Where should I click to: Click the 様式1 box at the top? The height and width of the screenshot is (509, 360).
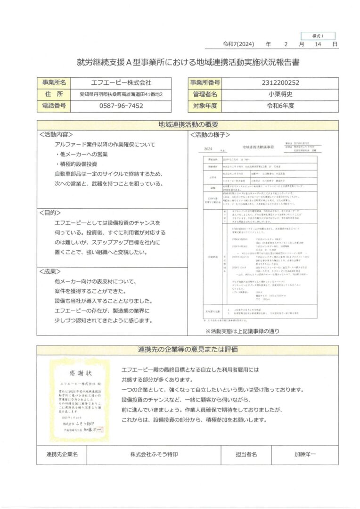[318, 36]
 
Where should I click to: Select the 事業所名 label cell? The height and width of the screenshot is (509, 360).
[53, 82]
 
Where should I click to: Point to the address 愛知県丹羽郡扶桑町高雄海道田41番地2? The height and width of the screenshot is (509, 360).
[121, 94]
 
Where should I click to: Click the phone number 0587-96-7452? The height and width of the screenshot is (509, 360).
[121, 106]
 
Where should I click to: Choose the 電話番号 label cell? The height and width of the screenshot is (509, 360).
[53, 106]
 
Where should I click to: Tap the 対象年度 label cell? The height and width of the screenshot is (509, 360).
[205, 106]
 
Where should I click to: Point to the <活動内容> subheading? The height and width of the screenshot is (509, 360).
[56, 134]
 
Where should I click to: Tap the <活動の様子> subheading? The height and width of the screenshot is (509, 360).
[209, 135]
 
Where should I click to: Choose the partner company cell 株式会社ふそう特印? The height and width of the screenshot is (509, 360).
[154, 455]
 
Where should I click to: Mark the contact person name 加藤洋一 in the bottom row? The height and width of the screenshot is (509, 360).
[305, 455]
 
